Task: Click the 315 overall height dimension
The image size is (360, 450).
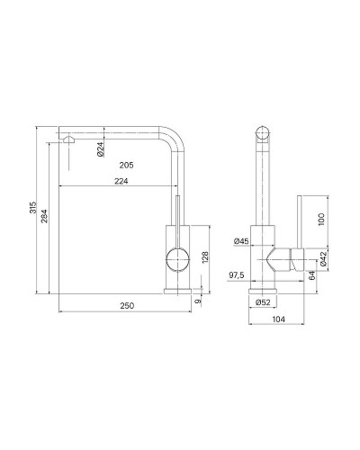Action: pos(32,207)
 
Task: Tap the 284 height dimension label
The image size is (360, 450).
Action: pos(44,216)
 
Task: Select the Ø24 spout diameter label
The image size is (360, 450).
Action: pos(101,149)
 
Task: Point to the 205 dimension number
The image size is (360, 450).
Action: pos(126,165)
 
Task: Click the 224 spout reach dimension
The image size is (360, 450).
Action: pos(121,181)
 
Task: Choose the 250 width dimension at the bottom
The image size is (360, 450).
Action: pos(127,306)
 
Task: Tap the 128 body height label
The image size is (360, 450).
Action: pos(205,257)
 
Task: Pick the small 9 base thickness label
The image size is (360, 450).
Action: pos(198,301)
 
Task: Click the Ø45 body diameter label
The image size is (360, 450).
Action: pos(241,241)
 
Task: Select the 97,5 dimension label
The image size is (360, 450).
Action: pos(237,274)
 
